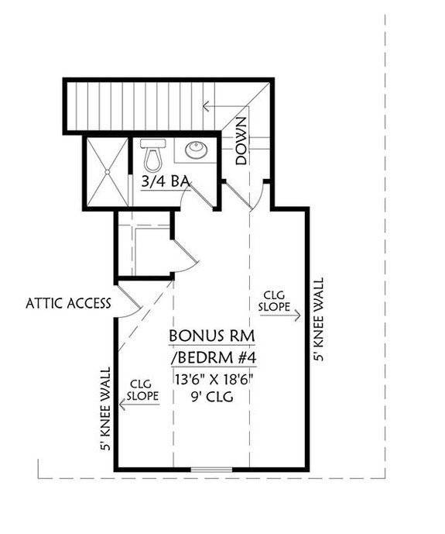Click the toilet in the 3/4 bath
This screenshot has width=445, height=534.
[152, 156]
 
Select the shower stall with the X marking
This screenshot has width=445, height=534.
[103, 171]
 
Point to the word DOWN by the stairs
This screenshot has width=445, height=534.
[241, 142]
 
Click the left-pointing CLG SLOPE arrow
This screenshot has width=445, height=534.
[139, 404]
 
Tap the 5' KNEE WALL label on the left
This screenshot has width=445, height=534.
[106, 408]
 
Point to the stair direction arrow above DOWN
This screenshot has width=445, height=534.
[224, 106]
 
